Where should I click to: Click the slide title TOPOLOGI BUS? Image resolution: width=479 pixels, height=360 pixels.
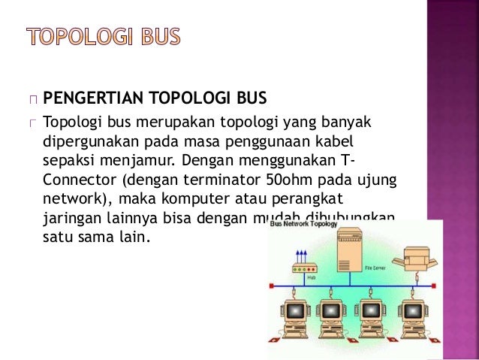[104, 35]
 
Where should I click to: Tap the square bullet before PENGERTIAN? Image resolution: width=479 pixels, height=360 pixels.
[32, 99]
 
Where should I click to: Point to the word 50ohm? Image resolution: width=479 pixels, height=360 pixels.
[285, 180]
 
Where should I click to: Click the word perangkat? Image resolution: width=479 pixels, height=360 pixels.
[308, 199]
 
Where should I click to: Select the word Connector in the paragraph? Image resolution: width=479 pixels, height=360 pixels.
[76, 180]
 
